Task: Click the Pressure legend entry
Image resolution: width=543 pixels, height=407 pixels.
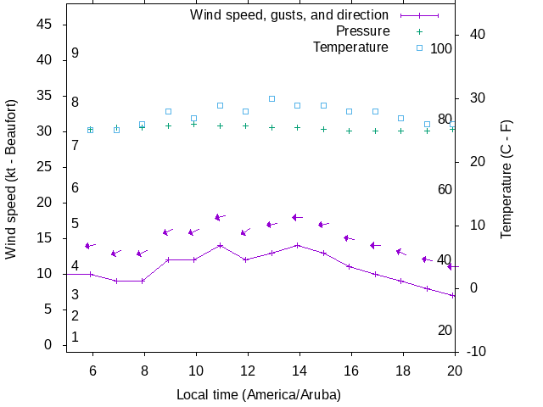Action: click(362, 31)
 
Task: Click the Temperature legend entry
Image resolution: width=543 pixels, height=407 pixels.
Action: click(350, 47)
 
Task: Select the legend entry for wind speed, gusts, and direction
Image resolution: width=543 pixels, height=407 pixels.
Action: click(288, 15)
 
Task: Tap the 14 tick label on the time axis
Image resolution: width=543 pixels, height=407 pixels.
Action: click(299, 371)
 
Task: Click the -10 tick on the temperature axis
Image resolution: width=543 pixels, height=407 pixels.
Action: click(476, 351)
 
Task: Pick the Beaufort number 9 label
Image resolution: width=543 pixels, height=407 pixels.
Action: click(75, 53)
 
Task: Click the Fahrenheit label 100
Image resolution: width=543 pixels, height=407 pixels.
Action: click(441, 48)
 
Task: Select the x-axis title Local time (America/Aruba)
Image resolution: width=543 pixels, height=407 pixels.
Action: click(258, 395)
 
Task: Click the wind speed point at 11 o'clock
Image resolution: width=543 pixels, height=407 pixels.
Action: click(221, 245)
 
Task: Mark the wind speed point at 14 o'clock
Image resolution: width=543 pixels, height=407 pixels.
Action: click(298, 245)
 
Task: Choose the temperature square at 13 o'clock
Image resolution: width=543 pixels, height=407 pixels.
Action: click(271, 98)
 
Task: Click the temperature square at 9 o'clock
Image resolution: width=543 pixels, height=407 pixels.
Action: click(169, 111)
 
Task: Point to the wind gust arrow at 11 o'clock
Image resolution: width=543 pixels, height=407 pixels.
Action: click(221, 217)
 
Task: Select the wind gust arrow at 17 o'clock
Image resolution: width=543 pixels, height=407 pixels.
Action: click(376, 245)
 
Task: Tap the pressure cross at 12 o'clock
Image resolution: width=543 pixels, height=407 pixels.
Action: click(246, 125)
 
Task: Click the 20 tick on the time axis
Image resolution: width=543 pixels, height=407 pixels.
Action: click(455, 371)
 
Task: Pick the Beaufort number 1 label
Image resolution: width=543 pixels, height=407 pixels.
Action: click(75, 337)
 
